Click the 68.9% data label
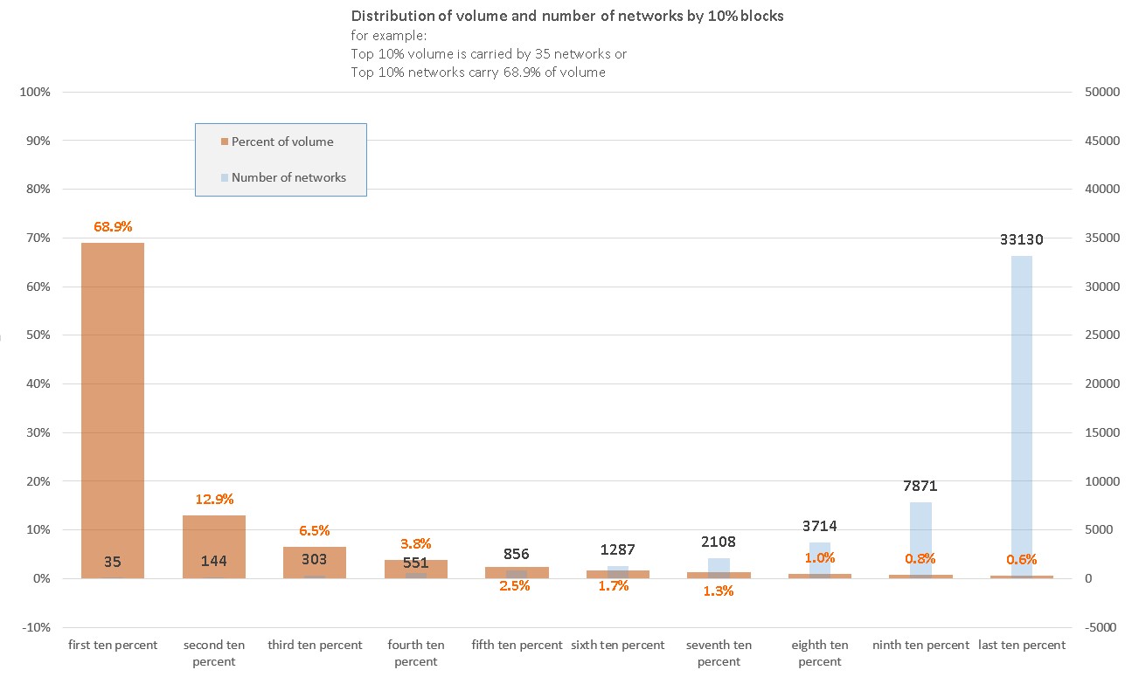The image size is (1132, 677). point(113,227)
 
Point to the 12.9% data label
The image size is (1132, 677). point(213,500)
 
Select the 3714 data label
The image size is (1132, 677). point(820,526)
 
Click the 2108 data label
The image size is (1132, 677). point(719,542)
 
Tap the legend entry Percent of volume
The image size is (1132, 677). point(281,142)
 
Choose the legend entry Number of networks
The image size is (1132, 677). point(288,177)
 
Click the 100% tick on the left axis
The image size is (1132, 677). point(36,92)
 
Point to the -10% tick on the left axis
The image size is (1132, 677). point(36,627)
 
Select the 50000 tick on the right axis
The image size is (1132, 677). point(1099,92)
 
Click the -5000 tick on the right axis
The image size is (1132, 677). point(1099,627)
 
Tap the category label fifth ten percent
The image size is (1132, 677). point(517,646)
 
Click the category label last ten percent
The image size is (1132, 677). point(1022,646)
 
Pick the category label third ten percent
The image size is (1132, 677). point(315,646)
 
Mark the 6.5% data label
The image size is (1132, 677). point(315,531)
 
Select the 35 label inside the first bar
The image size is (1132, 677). point(113,562)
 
